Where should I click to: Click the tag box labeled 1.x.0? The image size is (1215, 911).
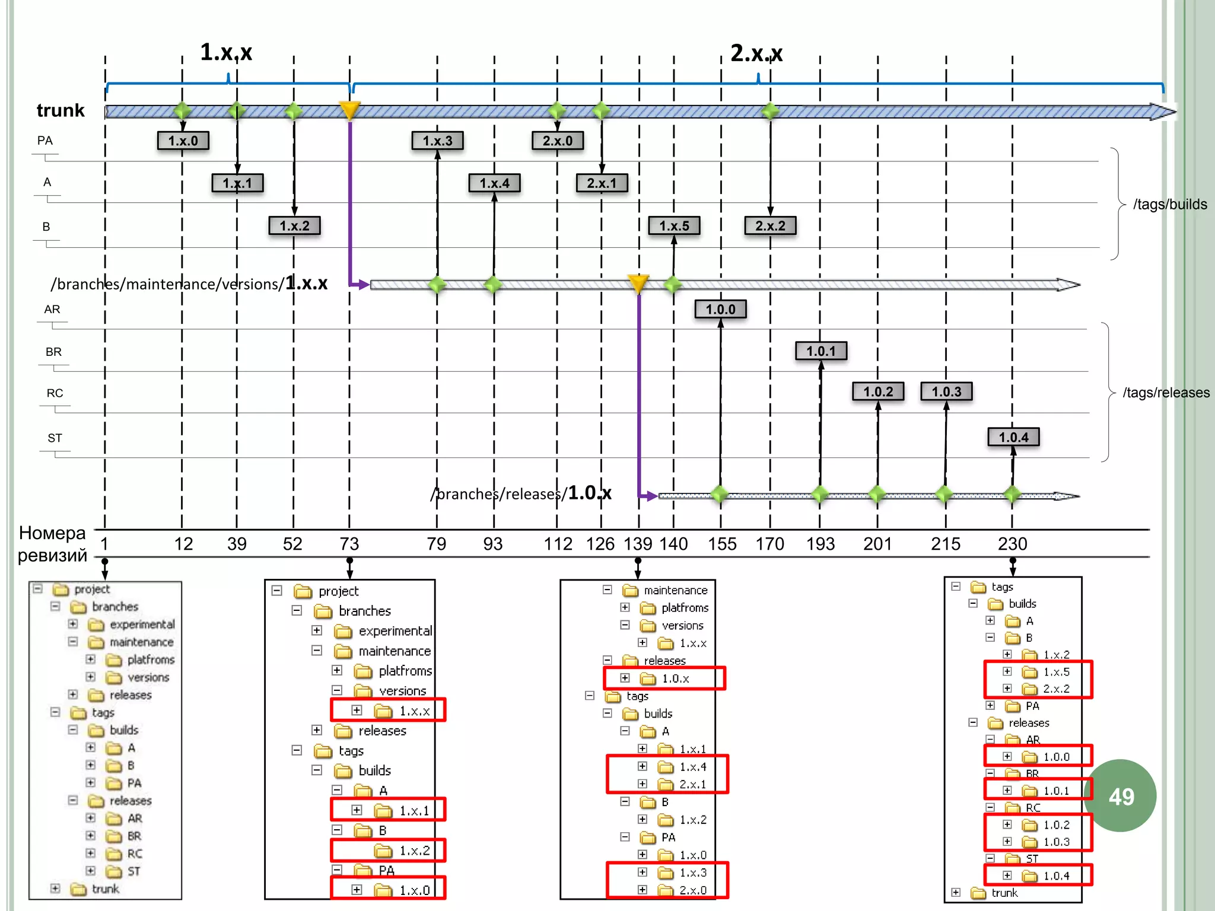(x=183, y=141)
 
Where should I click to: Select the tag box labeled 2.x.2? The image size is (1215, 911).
(x=770, y=226)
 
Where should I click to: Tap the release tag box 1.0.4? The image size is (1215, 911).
(x=1013, y=438)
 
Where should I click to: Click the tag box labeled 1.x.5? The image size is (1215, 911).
(x=674, y=226)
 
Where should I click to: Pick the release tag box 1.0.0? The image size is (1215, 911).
(x=720, y=310)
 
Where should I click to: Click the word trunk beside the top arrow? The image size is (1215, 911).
(x=61, y=110)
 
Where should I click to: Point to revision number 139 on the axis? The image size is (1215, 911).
(x=638, y=544)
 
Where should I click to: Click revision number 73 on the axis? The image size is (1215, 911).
(x=349, y=544)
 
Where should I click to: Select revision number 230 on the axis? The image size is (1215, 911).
(x=1012, y=544)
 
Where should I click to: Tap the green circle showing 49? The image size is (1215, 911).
(x=1121, y=796)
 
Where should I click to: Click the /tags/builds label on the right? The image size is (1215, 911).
(x=1169, y=205)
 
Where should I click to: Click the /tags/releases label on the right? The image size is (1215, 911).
(x=1166, y=393)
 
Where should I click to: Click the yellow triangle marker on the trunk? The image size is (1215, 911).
(x=349, y=110)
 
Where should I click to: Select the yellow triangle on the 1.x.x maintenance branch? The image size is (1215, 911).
(x=638, y=283)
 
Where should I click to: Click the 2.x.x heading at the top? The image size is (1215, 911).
(x=756, y=53)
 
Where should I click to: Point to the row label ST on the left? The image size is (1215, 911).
(x=55, y=438)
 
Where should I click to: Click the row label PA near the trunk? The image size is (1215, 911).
(x=45, y=141)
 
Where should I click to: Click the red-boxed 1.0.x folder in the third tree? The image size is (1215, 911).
(x=675, y=679)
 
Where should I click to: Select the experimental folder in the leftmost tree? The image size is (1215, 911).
(x=142, y=625)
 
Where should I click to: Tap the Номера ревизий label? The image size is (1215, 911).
(x=52, y=544)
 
